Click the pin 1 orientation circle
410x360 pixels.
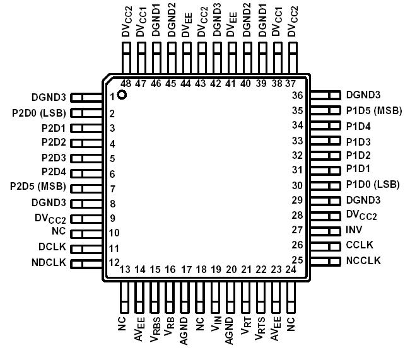click(x=122, y=95)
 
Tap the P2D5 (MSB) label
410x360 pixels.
click(x=38, y=187)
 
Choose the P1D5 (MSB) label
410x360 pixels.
click(x=373, y=110)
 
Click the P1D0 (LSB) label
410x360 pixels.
click(x=373, y=185)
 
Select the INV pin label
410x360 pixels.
click(x=354, y=230)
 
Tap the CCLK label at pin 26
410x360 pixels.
click(x=360, y=245)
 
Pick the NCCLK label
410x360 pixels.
click(x=363, y=260)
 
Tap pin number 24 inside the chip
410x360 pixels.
click(x=291, y=269)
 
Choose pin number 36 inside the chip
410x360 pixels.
click(x=297, y=96)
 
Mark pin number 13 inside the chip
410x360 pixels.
click(x=125, y=270)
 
